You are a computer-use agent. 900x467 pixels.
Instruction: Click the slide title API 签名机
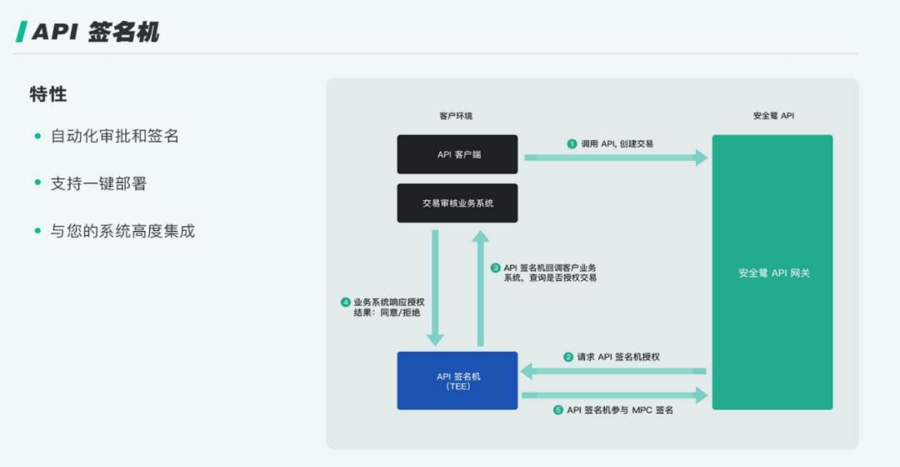[x=95, y=32]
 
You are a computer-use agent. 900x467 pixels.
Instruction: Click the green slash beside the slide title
[x=21, y=32]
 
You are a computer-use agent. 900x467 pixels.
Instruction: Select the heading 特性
[x=48, y=94]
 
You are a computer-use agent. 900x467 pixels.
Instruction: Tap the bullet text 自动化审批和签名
[x=115, y=136]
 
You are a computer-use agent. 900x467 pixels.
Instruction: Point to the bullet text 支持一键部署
[x=98, y=183]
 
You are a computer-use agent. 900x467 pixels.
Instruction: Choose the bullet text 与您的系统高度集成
[x=122, y=231]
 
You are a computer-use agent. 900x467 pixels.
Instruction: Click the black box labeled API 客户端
[x=457, y=154]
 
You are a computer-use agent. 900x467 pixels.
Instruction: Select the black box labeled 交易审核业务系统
[x=457, y=203]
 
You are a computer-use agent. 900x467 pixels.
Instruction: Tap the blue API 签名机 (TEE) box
[x=457, y=381]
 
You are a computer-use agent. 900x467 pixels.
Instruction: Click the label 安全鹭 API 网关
[x=773, y=274]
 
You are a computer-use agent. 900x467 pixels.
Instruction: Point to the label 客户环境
[x=456, y=116]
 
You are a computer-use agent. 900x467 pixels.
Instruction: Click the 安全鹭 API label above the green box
[x=773, y=116]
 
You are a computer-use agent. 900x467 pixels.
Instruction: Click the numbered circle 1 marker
[x=572, y=143]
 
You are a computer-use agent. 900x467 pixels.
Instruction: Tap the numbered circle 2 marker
[x=568, y=357]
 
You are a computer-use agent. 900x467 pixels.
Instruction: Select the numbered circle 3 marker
[x=495, y=268]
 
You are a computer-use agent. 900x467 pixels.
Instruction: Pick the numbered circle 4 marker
[x=346, y=302]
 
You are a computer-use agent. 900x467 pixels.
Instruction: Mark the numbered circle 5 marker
[x=557, y=410]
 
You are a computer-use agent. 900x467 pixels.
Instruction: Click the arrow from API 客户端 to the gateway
[x=616, y=158]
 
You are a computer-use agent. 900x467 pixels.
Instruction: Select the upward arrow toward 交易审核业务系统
[x=481, y=289]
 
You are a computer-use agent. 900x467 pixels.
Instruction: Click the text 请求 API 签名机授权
[x=618, y=357]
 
